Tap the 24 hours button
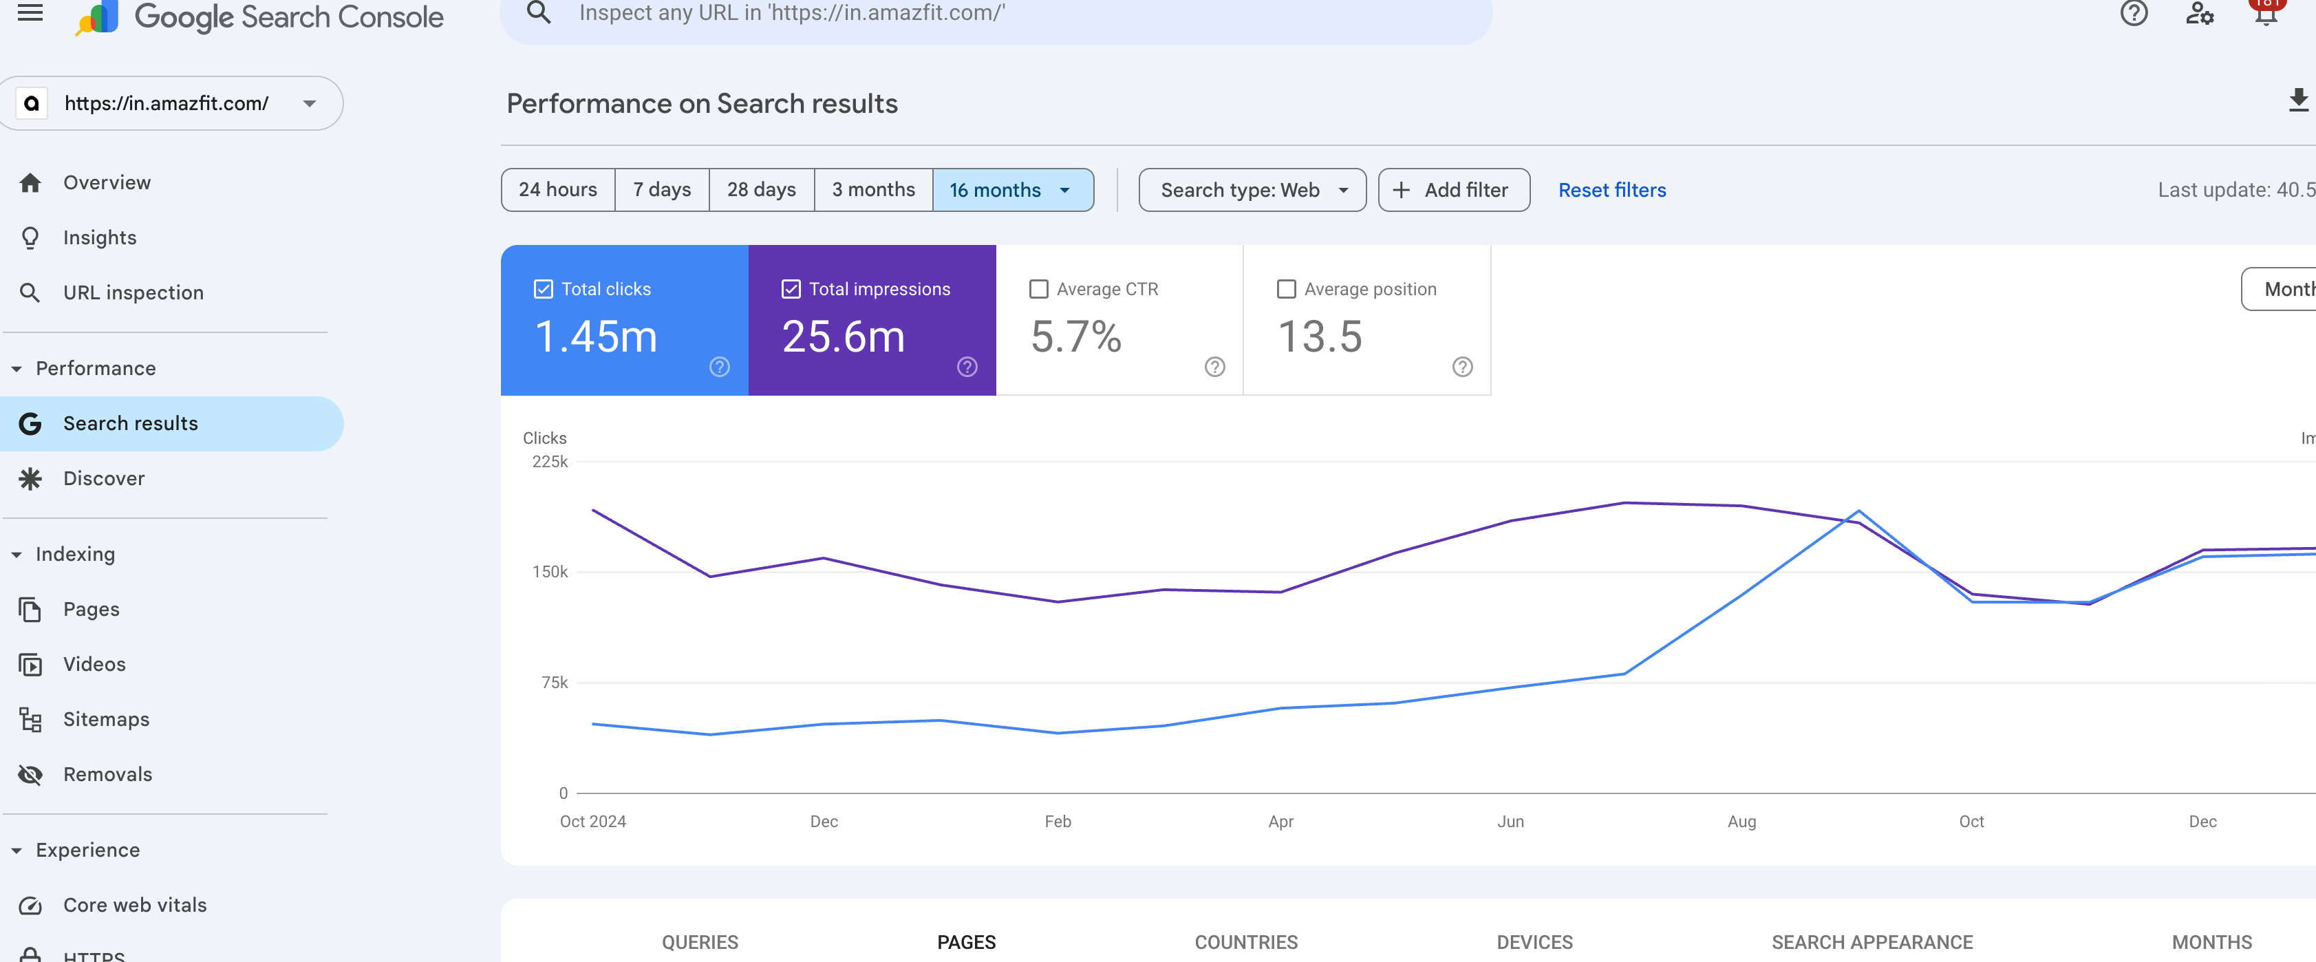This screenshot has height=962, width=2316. coord(557,190)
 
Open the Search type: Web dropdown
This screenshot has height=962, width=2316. coord(1252,190)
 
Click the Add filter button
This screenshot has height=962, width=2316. coord(1453,190)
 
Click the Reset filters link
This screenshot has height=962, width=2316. coord(1611,190)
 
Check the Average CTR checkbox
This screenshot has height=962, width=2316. coord(1038,288)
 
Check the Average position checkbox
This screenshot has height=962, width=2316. coord(1286,288)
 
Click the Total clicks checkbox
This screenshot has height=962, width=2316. coord(543,288)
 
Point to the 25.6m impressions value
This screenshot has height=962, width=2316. coord(842,337)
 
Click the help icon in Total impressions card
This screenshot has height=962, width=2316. coord(967,367)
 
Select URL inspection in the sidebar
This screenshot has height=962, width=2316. coord(133,292)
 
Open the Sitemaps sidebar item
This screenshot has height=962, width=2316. coord(106,719)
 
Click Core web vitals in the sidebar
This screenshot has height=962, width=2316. coord(135,904)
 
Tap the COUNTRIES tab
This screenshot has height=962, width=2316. coord(1245,941)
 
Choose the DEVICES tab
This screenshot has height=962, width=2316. coord(1534,941)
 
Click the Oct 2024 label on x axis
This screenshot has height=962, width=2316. coord(592,821)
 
